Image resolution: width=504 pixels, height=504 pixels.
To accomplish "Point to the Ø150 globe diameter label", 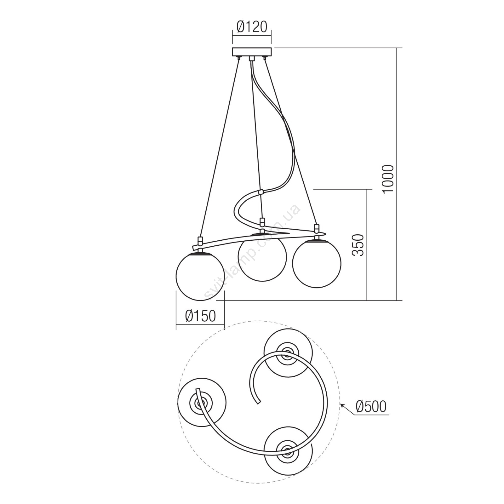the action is (x=201, y=316).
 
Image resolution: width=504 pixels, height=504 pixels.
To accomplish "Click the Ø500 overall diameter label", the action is (x=371, y=406).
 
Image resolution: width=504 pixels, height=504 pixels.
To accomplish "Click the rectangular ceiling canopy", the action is (x=252, y=52).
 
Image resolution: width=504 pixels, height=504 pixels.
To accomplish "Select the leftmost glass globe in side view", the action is (x=200, y=276).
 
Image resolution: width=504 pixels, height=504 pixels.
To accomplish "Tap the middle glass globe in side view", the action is (x=262, y=257).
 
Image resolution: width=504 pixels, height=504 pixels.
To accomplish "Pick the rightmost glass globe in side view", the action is (x=317, y=263).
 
